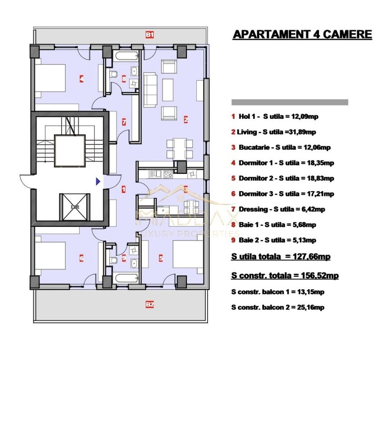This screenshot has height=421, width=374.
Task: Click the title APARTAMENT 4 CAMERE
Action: tap(302, 35)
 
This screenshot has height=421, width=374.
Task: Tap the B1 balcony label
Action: tap(150, 35)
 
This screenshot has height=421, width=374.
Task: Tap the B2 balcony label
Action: tap(150, 304)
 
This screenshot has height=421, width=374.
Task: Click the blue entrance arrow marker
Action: tap(98, 181)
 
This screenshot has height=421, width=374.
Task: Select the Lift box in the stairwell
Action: tap(74, 207)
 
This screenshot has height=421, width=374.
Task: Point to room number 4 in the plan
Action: tap(81, 79)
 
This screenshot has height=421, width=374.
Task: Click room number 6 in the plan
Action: tap(81, 258)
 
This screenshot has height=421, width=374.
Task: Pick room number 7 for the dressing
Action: tap(124, 122)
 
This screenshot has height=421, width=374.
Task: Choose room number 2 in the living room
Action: tap(186, 120)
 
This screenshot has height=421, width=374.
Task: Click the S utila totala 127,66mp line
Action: tap(281, 257)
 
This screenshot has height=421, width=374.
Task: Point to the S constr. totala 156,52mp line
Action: tap(285, 276)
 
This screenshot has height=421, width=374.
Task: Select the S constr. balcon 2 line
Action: tap(278, 308)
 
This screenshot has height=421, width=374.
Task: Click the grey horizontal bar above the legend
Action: tap(290, 102)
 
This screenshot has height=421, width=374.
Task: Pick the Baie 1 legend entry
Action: tap(273, 225)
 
